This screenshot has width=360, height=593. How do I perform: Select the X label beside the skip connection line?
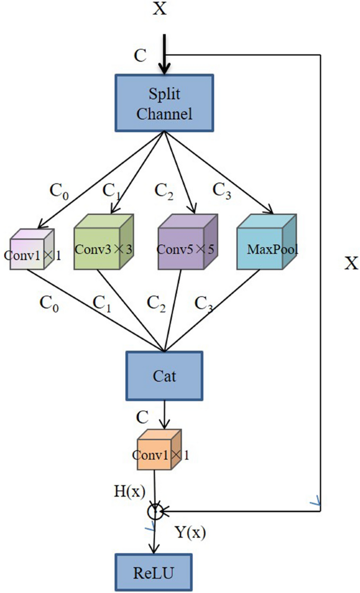(351, 263)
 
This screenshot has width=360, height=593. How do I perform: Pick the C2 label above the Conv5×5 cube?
(164, 190)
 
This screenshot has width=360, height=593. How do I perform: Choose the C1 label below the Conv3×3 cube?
(104, 303)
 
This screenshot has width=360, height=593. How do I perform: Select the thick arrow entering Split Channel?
(165, 55)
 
